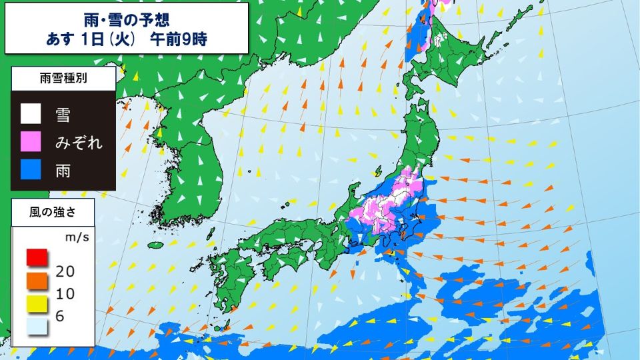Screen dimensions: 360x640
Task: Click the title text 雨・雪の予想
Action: click(126, 19)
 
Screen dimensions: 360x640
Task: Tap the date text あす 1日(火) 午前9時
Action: click(126, 39)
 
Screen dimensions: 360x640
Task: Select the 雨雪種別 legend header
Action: click(63, 79)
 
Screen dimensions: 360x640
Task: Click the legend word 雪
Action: click(63, 115)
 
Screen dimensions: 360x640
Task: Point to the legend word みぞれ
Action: click(79, 142)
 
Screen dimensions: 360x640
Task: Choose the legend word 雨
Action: click(63, 171)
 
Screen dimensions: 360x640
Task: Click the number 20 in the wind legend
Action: click(65, 270)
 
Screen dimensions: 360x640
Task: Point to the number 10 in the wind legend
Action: click(65, 293)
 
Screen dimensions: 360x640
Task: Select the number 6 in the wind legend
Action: click(60, 316)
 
